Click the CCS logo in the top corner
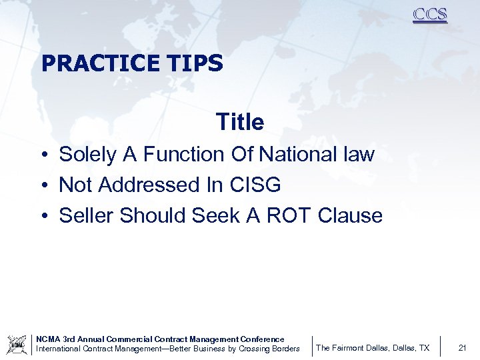(x=429, y=15)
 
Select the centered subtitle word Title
(x=240, y=122)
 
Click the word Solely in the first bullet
(x=88, y=155)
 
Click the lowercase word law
(x=358, y=155)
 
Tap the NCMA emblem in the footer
(x=17, y=344)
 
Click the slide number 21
(x=461, y=348)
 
